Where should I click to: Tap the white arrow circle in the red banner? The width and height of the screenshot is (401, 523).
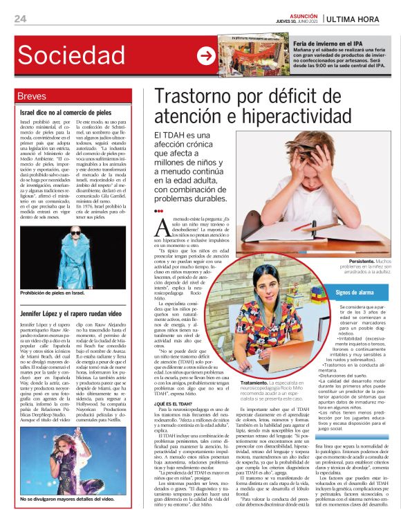[x=205, y=56]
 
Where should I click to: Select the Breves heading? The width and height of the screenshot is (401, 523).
[x=32, y=95]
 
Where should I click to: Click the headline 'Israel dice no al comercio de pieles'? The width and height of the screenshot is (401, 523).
[x=66, y=111]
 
